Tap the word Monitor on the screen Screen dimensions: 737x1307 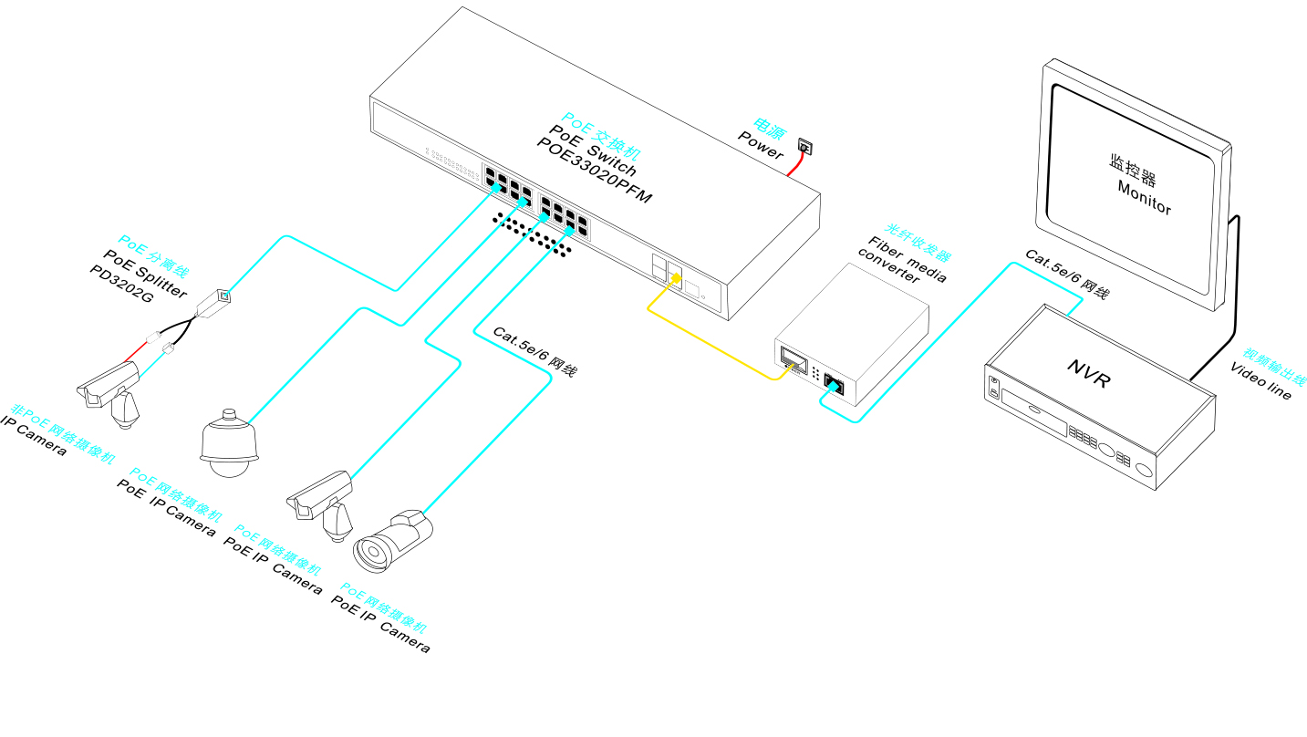pyautogui.click(x=1145, y=198)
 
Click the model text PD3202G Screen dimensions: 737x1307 pyautogui.click(x=121, y=285)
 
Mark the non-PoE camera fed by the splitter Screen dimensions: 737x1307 pyautogui.click(x=109, y=391)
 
